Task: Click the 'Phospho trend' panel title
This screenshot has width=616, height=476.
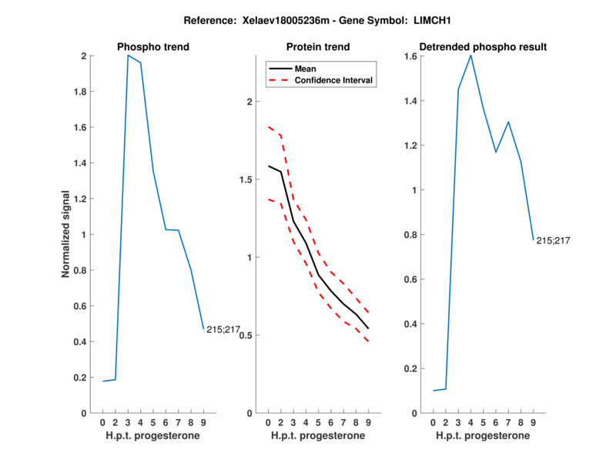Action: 152,47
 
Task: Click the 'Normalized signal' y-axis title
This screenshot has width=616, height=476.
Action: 67,234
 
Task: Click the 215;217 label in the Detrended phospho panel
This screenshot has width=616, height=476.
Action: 553,240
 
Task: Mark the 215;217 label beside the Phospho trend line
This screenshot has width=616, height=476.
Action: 223,330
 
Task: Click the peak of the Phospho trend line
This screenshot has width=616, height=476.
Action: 128,56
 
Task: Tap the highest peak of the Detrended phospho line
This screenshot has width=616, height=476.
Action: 470,55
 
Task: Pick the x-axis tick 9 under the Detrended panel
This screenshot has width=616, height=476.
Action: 533,423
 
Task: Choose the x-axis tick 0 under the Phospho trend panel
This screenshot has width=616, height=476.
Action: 102,423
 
